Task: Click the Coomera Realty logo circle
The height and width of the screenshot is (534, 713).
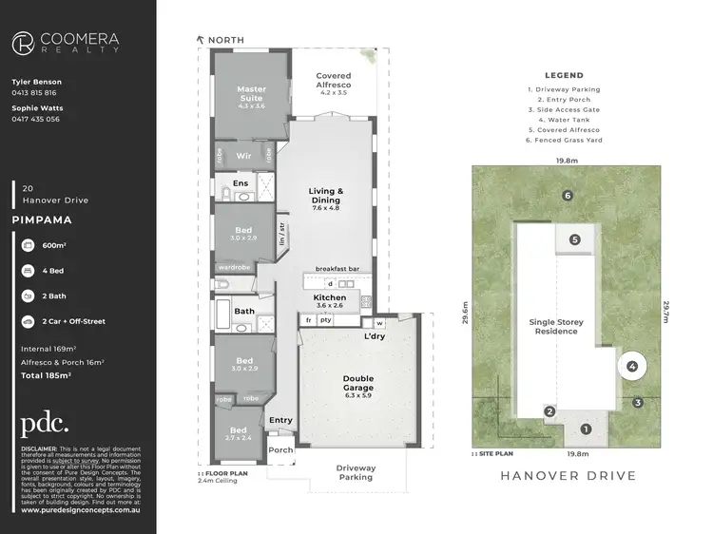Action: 25,43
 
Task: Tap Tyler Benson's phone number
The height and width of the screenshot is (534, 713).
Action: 34,93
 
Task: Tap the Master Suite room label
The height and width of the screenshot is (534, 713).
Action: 250,93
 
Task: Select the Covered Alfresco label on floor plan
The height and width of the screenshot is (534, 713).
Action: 333,81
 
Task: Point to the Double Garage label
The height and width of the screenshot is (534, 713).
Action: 358,383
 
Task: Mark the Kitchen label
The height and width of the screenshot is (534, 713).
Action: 330,297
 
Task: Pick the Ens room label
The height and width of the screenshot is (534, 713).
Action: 241,182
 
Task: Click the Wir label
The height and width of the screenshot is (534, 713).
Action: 242,154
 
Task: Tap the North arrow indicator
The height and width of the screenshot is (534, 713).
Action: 201,40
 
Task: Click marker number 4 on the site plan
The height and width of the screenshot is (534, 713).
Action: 632,366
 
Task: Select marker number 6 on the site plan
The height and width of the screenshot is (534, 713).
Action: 567,196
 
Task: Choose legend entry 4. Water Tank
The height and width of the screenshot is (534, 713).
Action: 564,119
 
